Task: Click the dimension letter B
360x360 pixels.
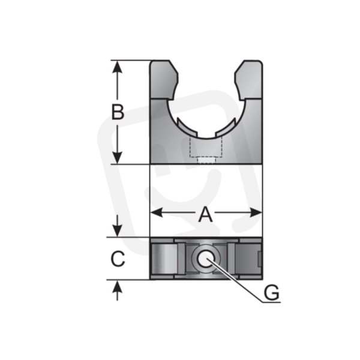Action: [118, 112]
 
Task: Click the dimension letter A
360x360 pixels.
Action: [205, 214]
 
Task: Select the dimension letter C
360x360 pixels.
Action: [118, 259]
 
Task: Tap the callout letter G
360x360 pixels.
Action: [272, 292]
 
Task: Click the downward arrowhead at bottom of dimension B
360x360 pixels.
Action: [118, 158]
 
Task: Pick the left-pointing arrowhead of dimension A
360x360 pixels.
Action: [157, 212]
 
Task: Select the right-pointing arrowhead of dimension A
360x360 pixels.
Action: [256, 212]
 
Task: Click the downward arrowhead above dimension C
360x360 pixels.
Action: [118, 230]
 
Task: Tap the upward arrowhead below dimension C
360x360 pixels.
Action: [118, 287]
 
